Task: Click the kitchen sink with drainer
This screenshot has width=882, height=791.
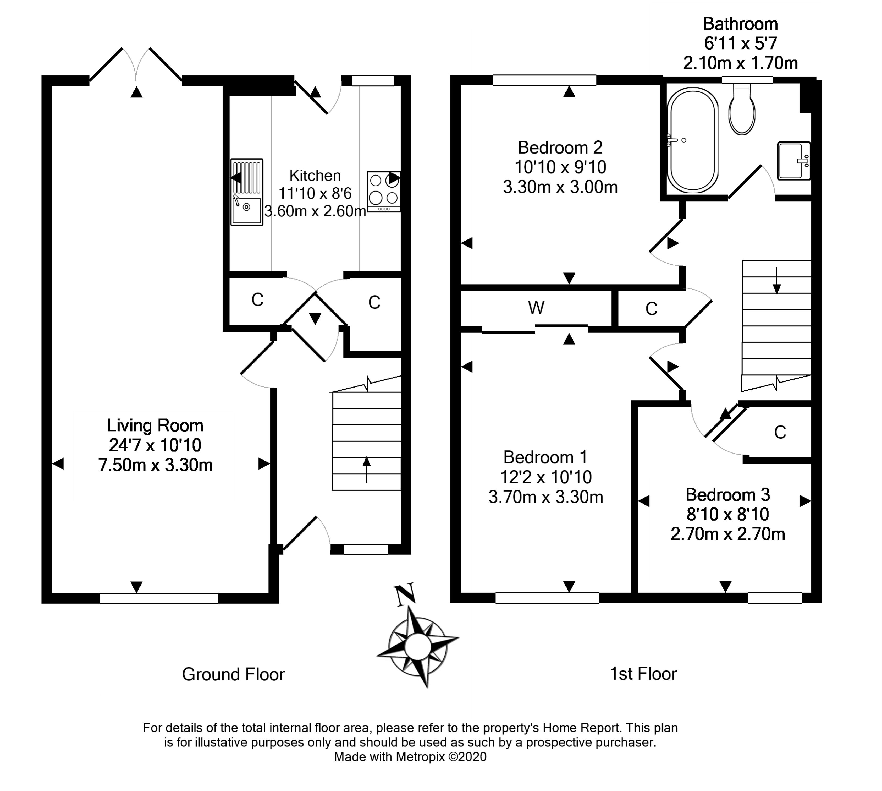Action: [x=246, y=192]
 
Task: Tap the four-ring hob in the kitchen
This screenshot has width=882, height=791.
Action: [x=383, y=192]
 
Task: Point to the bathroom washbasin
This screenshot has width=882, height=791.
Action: [x=793, y=161]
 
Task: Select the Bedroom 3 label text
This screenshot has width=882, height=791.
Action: [x=728, y=495]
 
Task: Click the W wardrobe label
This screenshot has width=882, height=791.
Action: [x=536, y=308]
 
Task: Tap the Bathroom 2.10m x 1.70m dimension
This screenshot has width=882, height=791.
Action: [x=740, y=63]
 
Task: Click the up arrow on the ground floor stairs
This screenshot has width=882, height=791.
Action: [x=366, y=468]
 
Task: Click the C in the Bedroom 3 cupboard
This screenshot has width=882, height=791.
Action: [x=780, y=432]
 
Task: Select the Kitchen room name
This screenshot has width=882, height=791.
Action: [x=315, y=176]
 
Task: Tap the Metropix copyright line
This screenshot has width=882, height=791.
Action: [x=410, y=757]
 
